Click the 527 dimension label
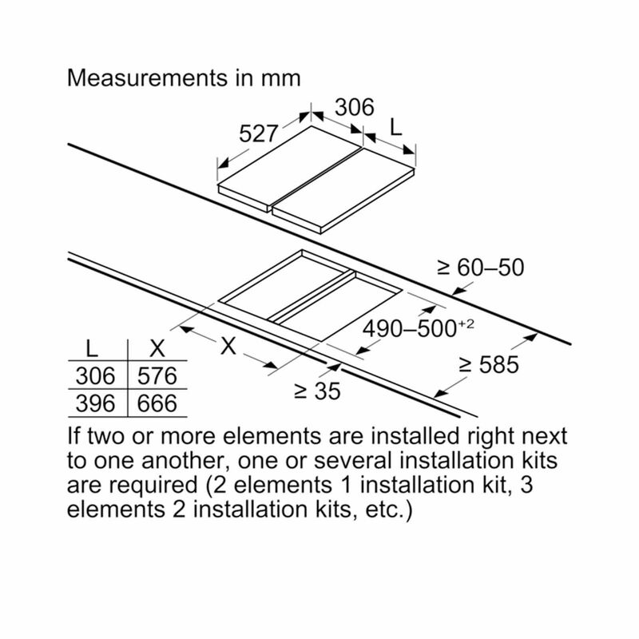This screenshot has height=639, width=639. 258,133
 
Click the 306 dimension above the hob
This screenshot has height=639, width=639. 354,107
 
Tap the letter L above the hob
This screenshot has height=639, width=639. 395,127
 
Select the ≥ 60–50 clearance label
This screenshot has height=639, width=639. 481,268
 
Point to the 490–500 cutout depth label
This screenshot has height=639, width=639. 410,329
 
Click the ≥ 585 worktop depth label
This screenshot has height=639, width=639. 489,364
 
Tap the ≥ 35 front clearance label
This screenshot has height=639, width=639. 317,391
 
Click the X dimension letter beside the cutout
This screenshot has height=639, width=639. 228,346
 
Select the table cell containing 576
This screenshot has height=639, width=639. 157,375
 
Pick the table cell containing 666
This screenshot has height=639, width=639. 157,403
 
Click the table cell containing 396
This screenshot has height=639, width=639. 95,403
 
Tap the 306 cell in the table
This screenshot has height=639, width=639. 95,375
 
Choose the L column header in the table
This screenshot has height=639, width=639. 92,349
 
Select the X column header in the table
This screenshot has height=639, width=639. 157,349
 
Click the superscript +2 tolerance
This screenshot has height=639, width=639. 466,324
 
